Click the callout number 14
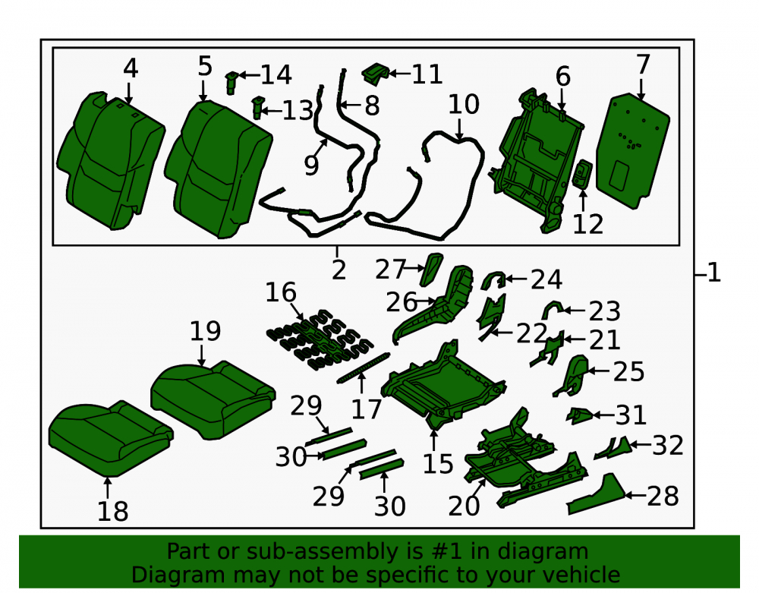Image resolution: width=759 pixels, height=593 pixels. [x=276, y=74]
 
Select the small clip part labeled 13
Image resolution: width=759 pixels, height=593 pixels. [x=258, y=107]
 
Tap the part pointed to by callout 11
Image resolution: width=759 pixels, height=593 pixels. [x=375, y=73]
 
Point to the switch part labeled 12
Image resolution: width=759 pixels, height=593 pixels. [x=582, y=175]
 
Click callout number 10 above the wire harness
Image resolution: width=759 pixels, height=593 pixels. [x=464, y=104]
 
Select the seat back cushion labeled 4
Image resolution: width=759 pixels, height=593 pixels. [x=111, y=159]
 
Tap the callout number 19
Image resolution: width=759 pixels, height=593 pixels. [x=205, y=331]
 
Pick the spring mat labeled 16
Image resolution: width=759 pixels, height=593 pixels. [x=320, y=340]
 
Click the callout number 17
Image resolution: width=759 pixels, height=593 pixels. [x=367, y=409]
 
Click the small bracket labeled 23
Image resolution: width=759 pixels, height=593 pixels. [x=552, y=309]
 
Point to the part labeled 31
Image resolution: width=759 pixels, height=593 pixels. [x=579, y=415]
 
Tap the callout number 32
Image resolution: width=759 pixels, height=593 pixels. [x=667, y=446]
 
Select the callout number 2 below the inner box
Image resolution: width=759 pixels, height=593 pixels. [x=339, y=270]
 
